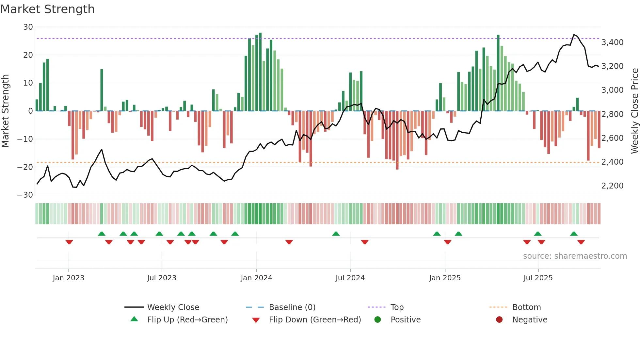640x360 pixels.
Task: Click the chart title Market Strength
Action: pos(47,9)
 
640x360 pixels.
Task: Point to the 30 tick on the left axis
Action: pos(28,27)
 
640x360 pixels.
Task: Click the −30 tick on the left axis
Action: pos(25,195)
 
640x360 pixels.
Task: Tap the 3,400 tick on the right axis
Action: pos(612,42)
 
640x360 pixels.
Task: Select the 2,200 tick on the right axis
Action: pos(612,186)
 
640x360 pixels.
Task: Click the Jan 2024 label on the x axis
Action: pos(256,278)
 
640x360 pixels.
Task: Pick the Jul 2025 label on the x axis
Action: pos(538,278)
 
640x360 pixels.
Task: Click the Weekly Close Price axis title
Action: pos(634,111)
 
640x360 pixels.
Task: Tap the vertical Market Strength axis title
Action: pos(6,111)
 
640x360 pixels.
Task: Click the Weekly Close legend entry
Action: pos(173,307)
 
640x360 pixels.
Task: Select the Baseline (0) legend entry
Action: pos(292,307)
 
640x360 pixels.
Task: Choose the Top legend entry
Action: pos(397,307)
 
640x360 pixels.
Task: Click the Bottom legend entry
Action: pos(526,307)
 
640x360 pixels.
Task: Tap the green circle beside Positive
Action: pos(378,319)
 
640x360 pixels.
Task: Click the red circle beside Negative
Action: pos(499,319)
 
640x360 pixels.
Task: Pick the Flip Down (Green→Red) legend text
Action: pos(315,320)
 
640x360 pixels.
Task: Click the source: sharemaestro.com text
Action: pos(575,256)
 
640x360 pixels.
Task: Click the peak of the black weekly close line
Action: pos(574,35)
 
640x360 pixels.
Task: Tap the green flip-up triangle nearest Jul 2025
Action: pos(538,234)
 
